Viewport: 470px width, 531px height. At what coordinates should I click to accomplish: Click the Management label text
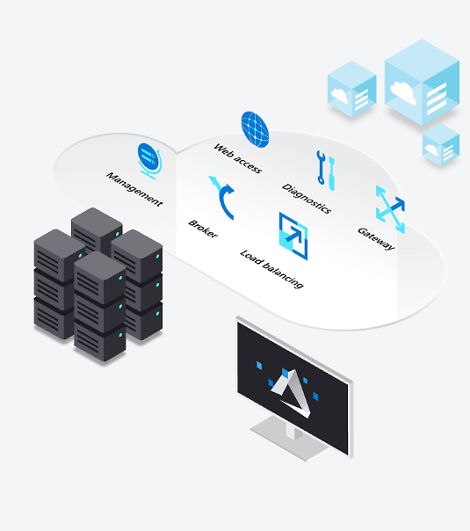click(x=134, y=189)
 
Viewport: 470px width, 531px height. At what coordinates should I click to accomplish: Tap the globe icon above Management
click(x=149, y=161)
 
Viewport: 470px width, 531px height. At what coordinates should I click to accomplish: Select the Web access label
click(x=237, y=158)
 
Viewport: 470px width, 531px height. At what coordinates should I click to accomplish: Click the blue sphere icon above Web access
click(x=255, y=129)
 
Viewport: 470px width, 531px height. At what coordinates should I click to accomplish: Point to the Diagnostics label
click(x=307, y=199)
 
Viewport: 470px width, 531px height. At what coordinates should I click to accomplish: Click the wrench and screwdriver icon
click(x=326, y=170)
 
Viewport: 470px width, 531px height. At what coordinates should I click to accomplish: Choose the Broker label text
click(x=203, y=229)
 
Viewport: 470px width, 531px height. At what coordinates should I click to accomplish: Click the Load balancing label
click(x=271, y=269)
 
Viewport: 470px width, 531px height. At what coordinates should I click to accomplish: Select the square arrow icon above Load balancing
click(x=293, y=236)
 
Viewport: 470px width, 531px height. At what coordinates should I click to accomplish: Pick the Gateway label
click(x=376, y=239)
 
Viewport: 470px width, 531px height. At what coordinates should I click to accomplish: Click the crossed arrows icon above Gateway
click(x=390, y=209)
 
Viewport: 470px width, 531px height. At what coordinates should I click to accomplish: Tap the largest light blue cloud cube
click(x=422, y=83)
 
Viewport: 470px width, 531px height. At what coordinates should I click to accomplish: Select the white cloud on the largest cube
click(x=403, y=91)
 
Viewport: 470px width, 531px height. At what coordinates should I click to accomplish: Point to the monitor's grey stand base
click(x=290, y=440)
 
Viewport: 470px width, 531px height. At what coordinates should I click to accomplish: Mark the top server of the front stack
click(x=100, y=277)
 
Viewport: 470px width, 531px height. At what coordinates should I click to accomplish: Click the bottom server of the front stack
click(x=100, y=341)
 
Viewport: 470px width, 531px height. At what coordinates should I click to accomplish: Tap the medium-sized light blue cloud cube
click(x=352, y=89)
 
